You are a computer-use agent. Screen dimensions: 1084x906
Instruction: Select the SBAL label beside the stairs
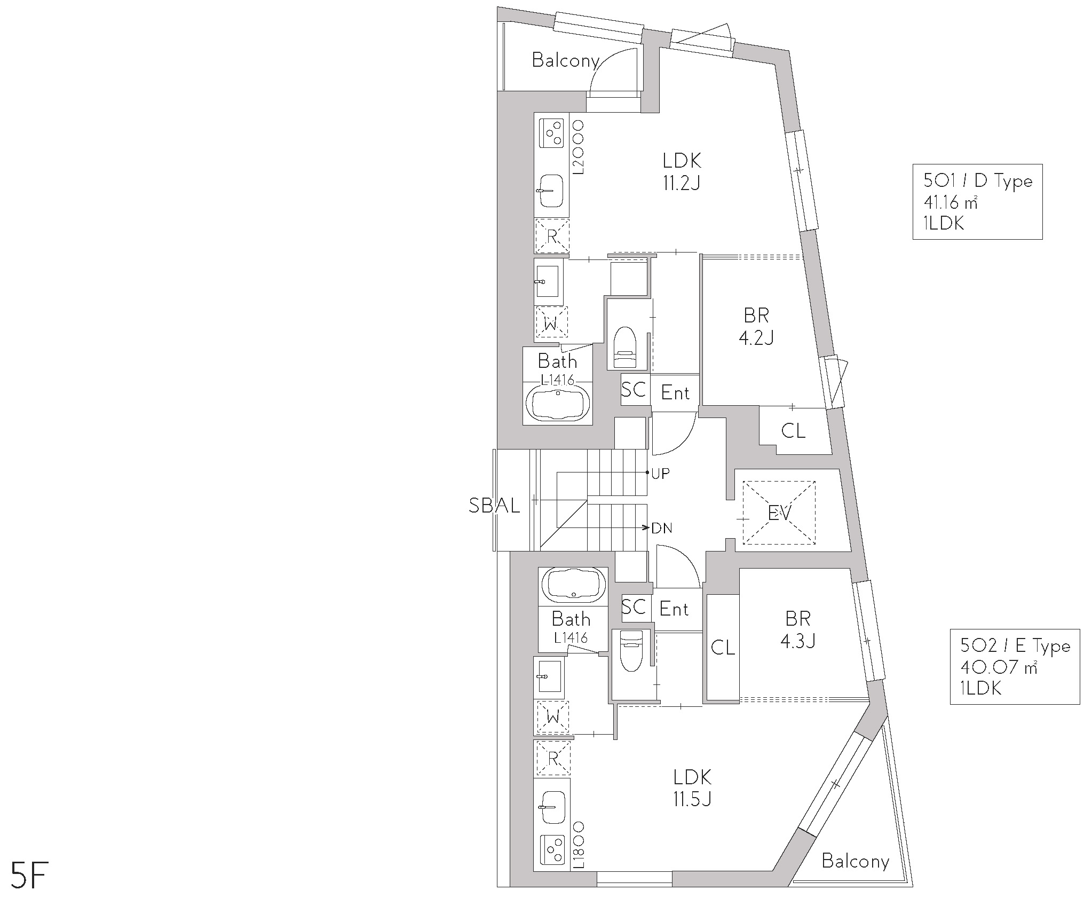pos(494,505)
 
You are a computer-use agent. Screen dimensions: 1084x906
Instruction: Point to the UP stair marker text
pos(660,474)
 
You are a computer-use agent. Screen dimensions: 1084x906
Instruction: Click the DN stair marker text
pos(662,529)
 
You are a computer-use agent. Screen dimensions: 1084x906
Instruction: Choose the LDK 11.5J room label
pos(692,787)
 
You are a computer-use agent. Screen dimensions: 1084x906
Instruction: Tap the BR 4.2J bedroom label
pos(756,326)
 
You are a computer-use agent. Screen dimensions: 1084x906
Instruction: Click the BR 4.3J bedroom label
pos(798,629)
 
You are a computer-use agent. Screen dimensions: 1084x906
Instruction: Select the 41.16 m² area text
pos(951,202)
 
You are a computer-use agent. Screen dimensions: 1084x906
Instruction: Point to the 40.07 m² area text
pos(999,667)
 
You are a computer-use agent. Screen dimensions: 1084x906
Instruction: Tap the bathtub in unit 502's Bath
pos(574,585)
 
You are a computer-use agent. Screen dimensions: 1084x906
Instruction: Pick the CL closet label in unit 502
pos(723,648)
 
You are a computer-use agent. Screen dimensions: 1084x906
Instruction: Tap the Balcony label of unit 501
pos(565,60)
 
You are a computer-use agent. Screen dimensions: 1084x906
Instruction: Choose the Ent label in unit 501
pos(675,393)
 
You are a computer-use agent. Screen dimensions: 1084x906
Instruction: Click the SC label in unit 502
pos(634,607)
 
